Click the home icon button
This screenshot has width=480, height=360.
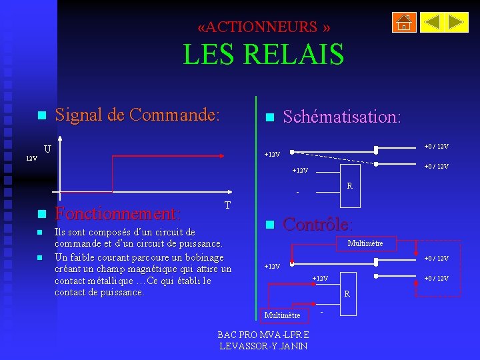(x=403, y=23)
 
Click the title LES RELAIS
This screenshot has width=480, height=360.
(x=263, y=54)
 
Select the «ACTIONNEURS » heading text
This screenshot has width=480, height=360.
(x=263, y=27)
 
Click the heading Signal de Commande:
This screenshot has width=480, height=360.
(x=137, y=115)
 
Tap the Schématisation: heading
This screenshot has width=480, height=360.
(x=342, y=117)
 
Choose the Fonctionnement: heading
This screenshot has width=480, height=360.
(x=117, y=214)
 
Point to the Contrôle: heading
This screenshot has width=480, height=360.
(x=318, y=224)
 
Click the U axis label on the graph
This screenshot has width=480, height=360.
(x=47, y=148)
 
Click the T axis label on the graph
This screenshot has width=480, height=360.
(x=227, y=205)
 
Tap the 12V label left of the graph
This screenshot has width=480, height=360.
(x=31, y=159)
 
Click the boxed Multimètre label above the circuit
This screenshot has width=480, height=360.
(x=365, y=243)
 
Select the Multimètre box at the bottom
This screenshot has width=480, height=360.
(x=283, y=315)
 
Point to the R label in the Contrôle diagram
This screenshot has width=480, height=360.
(x=347, y=293)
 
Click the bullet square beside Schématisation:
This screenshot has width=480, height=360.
(x=269, y=117)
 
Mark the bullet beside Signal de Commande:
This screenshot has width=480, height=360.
(x=41, y=115)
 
